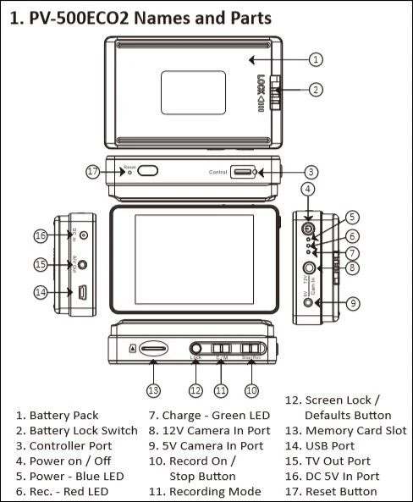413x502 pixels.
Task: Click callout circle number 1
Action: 315,59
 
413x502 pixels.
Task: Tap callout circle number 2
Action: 315,89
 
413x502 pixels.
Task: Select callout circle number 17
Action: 93,171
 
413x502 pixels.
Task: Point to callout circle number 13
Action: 152,390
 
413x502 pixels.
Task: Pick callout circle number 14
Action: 40,293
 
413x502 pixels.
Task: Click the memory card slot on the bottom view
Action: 153,348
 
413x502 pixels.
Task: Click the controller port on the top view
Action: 244,172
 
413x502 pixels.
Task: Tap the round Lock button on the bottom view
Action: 196,348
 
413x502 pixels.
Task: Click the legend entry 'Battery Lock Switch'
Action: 76,430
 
